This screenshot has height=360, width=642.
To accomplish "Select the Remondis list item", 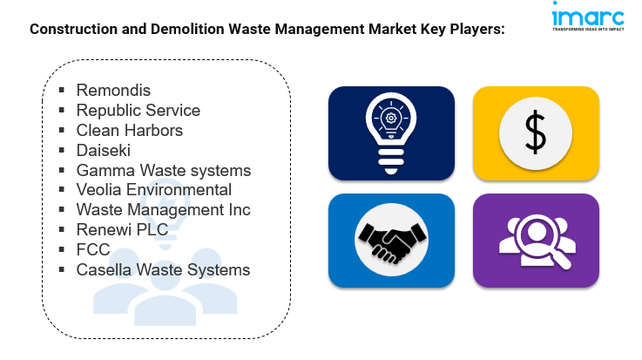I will (x=113, y=91).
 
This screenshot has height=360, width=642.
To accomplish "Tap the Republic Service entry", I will (x=138, y=111).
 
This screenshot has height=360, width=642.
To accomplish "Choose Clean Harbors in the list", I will (x=129, y=131).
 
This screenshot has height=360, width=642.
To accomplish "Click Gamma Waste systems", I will (x=163, y=171).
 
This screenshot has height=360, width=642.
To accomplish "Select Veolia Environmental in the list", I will (x=153, y=190).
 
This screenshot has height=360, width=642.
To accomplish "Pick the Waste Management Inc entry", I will (x=163, y=210).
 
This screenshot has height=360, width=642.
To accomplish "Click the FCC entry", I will (x=93, y=250).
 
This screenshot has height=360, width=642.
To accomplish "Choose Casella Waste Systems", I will (x=163, y=270).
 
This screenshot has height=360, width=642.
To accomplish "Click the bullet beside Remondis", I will (x=63, y=91).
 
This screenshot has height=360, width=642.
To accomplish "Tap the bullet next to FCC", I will (x=63, y=250).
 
